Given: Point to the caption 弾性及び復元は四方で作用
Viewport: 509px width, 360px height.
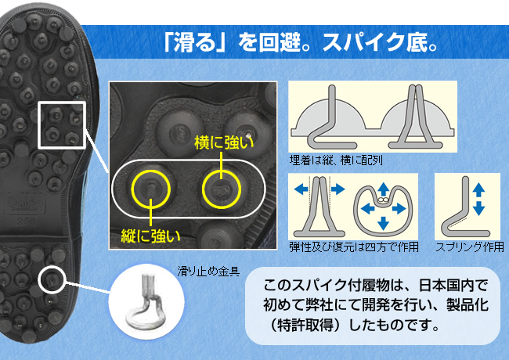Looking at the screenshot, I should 353,247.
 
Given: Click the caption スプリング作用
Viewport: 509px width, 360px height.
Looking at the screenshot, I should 467,247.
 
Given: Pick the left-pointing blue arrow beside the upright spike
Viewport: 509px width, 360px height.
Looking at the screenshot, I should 300,189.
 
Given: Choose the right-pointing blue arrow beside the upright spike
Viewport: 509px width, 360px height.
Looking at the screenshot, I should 341,189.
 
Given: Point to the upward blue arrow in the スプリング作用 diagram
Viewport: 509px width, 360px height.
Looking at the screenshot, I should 478,189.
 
